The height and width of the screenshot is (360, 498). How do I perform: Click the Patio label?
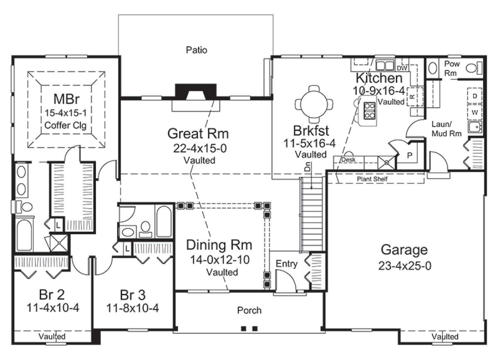tap(197, 50)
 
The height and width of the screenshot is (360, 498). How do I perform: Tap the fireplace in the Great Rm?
tap(195, 92)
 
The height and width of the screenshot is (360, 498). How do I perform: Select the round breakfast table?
tap(314, 104)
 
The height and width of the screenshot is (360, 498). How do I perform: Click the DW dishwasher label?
tap(402, 69)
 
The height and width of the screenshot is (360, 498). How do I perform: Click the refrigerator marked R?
tap(415, 97)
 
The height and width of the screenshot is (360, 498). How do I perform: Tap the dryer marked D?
tap(475, 96)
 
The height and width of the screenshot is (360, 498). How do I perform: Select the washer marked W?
tap(475, 113)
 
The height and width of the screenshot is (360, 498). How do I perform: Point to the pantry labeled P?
tap(410, 156)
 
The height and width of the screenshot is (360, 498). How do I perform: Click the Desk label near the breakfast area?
tap(348, 160)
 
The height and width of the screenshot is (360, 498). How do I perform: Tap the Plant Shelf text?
tap(372, 179)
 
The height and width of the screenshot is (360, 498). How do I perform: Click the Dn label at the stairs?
tap(308, 167)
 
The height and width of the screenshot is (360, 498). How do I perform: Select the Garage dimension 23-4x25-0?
tap(405, 266)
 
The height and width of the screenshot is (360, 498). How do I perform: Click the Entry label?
tap(287, 264)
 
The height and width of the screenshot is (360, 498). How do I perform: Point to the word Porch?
tap(249, 311)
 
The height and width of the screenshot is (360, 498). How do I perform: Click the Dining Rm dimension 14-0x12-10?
tap(220, 260)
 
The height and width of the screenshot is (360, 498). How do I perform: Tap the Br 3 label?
tap(133, 295)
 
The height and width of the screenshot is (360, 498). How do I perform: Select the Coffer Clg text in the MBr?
tap(66, 125)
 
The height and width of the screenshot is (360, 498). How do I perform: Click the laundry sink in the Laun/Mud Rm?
tap(475, 127)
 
